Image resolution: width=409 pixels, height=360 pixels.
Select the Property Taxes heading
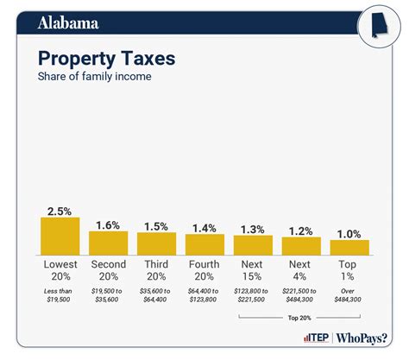click(x=106, y=59)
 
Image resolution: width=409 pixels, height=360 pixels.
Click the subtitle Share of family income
click(x=94, y=78)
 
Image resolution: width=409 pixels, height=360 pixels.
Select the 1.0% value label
click(x=349, y=232)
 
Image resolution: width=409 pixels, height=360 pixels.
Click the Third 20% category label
click(x=156, y=270)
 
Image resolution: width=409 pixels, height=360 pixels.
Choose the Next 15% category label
click(x=253, y=270)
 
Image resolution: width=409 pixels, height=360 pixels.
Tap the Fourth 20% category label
click(x=204, y=270)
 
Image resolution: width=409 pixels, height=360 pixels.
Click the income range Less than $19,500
click(x=60, y=298)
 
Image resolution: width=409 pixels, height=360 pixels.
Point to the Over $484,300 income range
click(x=349, y=298)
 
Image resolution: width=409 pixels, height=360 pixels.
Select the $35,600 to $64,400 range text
click(x=156, y=298)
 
